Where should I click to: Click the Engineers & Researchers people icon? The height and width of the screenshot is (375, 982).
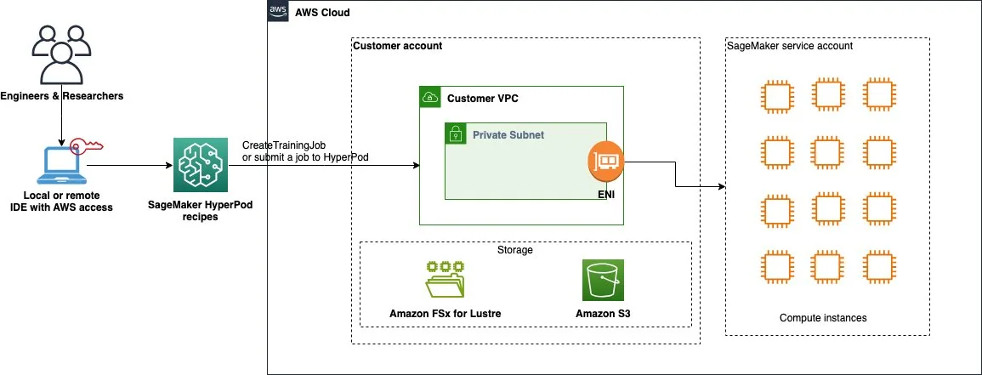click(61, 55)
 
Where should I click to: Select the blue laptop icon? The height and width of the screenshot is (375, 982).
click(61, 167)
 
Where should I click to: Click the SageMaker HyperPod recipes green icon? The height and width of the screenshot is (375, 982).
click(201, 166)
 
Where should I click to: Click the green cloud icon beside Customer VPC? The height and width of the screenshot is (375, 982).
click(429, 97)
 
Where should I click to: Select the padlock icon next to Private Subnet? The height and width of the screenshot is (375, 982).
click(455, 133)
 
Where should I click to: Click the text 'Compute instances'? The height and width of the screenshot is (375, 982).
click(823, 318)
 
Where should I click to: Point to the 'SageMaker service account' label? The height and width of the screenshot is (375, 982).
click(790, 46)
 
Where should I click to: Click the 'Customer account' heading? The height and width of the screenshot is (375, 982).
click(397, 46)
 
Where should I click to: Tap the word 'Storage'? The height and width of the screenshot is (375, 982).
click(514, 250)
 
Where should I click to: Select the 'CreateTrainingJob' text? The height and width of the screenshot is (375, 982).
click(284, 146)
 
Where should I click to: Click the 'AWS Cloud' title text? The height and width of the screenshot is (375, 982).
click(322, 13)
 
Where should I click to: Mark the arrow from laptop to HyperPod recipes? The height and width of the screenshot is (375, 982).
click(129, 166)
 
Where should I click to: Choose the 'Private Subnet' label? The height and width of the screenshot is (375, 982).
click(508, 134)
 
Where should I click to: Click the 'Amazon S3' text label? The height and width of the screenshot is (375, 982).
click(603, 313)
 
